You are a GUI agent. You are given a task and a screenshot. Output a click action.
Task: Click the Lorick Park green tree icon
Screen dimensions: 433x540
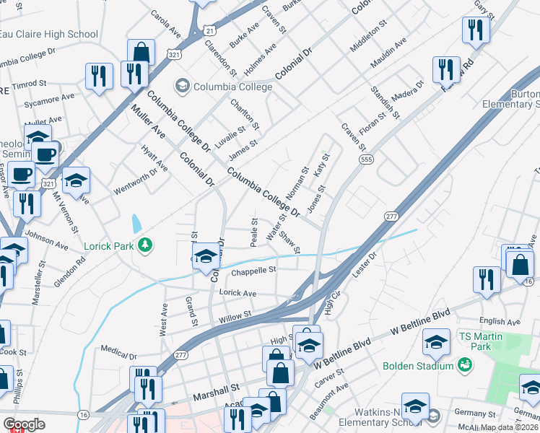[146, 246]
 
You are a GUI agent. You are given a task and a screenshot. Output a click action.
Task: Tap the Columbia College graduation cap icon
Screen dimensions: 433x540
[181, 87]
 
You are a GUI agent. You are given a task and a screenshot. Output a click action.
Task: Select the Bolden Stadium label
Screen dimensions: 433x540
[419, 366]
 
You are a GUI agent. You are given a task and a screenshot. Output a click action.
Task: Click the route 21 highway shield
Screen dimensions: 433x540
[209, 30]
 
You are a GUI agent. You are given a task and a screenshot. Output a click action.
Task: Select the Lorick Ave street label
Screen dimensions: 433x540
[238, 294]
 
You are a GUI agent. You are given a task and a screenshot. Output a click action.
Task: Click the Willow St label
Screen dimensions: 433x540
[236, 315]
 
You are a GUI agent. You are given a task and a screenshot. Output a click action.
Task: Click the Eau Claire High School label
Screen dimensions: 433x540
[48, 34]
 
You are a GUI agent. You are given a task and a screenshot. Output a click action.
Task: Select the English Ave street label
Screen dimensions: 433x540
[498, 323]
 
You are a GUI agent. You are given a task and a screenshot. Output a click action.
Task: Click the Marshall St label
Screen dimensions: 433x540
[215, 396]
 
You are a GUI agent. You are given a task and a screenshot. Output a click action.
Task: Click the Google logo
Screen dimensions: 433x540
[24, 424]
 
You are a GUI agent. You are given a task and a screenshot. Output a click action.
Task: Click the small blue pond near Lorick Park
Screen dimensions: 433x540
[136, 225]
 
